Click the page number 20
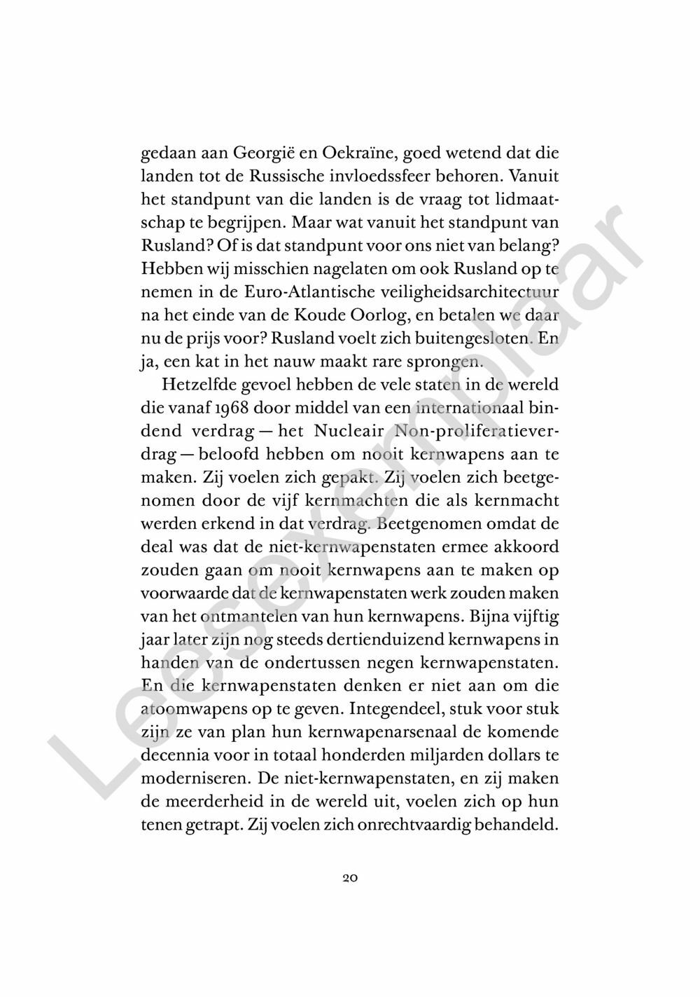coord(350,877)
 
